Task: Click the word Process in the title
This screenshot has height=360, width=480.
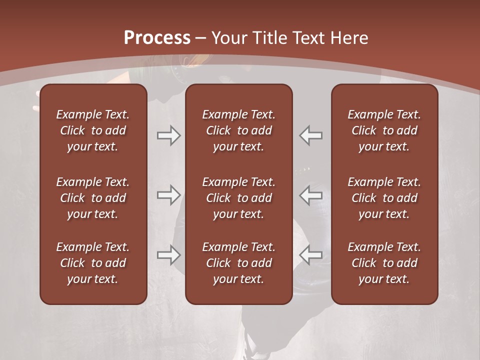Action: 157,38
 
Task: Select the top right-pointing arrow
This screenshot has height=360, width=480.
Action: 168,135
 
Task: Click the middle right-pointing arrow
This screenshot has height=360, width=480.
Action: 168,195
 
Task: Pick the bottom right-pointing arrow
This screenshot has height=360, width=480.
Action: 168,255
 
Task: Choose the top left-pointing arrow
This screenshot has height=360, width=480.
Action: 311,135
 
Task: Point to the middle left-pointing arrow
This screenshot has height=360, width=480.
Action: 311,195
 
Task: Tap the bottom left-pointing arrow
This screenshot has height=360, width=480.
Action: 311,255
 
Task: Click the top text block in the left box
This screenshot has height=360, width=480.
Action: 93,130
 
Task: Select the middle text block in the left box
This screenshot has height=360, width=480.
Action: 93,198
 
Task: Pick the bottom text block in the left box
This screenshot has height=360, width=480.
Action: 93,263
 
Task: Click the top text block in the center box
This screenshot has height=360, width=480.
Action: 238,130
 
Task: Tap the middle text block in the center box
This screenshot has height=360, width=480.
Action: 238,198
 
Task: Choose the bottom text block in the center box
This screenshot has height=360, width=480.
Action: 238,263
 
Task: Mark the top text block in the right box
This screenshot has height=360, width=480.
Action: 384,130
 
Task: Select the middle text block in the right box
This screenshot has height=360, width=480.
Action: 384,198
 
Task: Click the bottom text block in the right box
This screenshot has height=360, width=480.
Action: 384,263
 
